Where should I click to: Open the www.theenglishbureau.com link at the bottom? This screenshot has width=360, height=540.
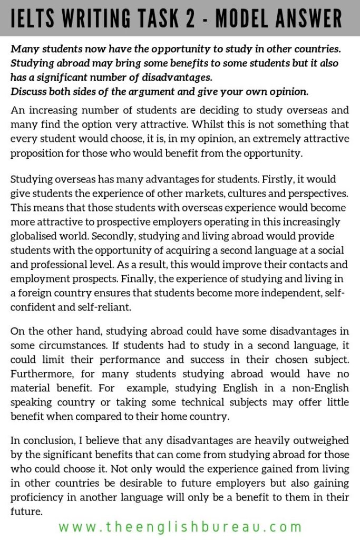180,526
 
